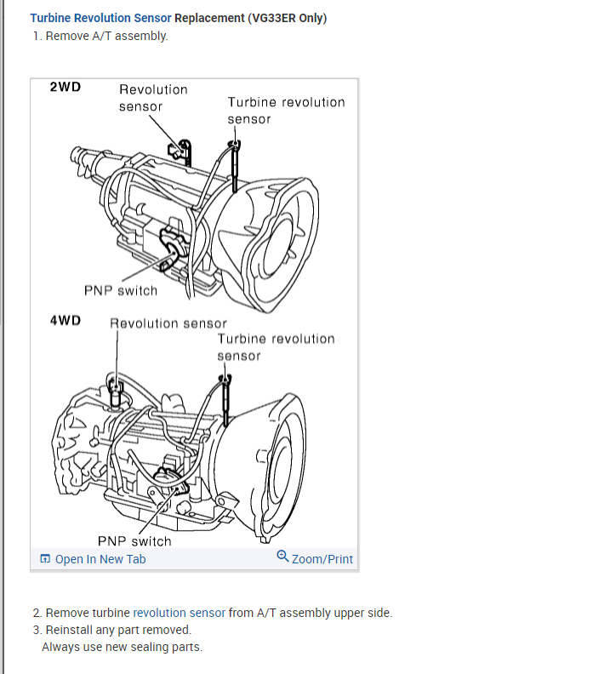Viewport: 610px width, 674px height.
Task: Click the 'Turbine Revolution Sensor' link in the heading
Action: coord(100,18)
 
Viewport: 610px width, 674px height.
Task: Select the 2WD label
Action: coord(66,87)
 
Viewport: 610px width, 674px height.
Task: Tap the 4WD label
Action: coord(66,321)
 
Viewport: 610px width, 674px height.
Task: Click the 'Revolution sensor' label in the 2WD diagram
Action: coord(153,98)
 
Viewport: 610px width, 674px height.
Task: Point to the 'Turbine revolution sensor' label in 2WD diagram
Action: coord(286,111)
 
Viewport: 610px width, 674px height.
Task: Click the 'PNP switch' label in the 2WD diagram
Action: coord(121,290)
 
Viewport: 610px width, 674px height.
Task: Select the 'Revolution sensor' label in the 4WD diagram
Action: coord(168,323)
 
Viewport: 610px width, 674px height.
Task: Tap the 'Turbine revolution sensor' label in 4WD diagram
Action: coord(276,347)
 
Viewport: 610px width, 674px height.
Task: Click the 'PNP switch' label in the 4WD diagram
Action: coord(134,541)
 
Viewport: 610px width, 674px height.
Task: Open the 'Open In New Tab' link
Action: coord(100,559)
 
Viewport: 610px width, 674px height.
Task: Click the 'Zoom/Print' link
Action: coord(322,559)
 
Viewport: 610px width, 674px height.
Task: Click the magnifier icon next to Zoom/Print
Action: coord(282,557)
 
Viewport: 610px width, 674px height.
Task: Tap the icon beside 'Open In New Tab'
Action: coord(45,559)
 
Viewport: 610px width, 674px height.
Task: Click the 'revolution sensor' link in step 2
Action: coord(180,613)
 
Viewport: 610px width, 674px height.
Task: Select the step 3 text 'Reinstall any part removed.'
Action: coord(118,630)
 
